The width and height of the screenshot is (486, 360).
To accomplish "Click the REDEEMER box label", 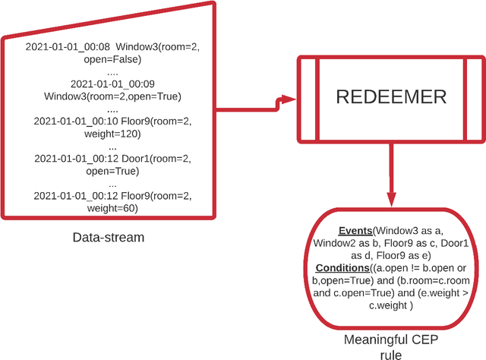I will coord(392,99).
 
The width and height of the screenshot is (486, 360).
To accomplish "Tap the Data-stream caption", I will coord(108,238).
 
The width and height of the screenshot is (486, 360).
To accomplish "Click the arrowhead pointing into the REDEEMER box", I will coord(288,99).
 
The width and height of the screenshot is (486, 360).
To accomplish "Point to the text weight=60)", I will coord(112,208).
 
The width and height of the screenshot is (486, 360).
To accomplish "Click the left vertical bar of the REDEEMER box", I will coord(308,99).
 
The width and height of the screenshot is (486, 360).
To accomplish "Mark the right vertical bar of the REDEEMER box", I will coord(475,99).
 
